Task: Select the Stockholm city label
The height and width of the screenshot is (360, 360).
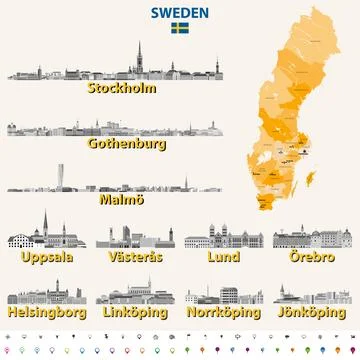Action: [126, 87]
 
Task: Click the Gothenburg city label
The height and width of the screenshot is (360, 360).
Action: [125, 143]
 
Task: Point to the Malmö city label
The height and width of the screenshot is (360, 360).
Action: [125, 199]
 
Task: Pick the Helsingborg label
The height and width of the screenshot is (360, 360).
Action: [46, 312]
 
